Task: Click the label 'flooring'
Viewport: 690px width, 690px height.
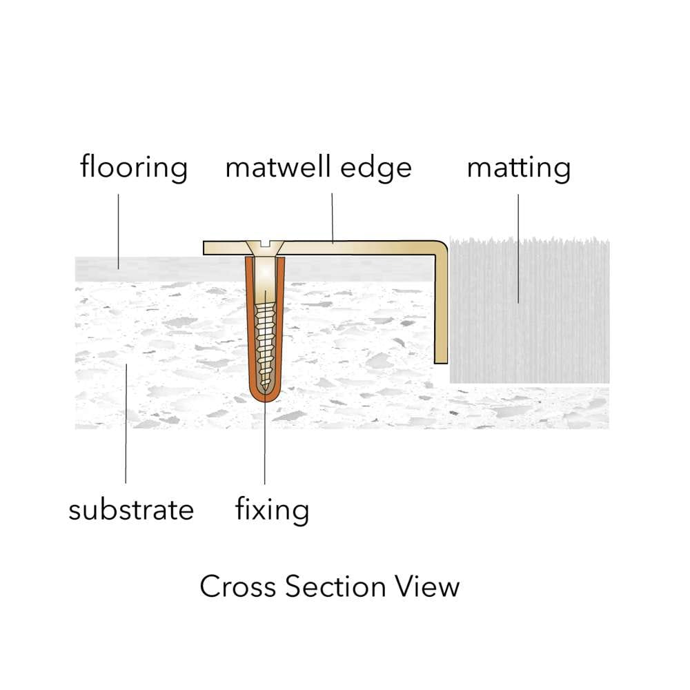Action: [x=134, y=168]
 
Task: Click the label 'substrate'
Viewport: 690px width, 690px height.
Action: [x=131, y=511]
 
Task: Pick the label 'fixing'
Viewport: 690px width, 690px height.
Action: [x=272, y=511]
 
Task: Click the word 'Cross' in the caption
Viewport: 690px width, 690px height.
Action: [x=237, y=586]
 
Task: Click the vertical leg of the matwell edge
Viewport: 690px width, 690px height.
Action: [x=441, y=310]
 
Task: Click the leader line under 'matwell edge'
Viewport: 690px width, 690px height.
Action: [x=333, y=217]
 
